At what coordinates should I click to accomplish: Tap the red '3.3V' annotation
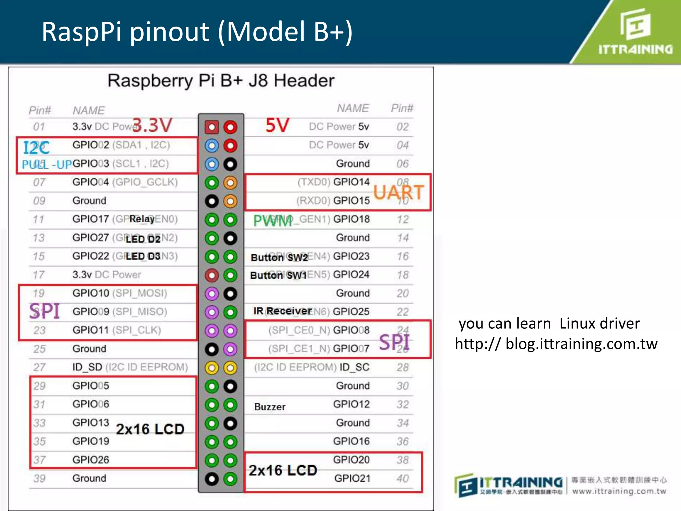(152, 125)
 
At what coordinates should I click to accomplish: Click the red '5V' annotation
(277, 125)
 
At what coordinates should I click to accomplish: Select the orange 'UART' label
(398, 192)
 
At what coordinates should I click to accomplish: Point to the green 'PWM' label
(273, 221)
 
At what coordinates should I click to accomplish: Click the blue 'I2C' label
(36, 148)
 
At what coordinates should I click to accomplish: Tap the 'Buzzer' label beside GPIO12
(270, 407)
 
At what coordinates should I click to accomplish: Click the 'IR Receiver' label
(282, 311)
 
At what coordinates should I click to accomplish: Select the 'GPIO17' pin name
(90, 219)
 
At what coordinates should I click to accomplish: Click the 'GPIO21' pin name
(352, 478)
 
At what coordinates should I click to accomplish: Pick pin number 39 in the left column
(39, 478)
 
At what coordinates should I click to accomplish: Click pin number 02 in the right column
(402, 127)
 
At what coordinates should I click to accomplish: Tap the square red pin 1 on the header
(212, 127)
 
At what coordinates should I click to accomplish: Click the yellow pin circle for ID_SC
(230, 368)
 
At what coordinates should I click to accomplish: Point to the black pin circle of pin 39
(212, 479)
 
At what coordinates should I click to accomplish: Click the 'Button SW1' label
(278, 275)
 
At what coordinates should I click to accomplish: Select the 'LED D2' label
(143, 239)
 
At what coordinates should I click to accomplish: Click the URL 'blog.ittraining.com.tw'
(581, 344)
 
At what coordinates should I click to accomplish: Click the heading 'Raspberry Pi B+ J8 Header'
(221, 81)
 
